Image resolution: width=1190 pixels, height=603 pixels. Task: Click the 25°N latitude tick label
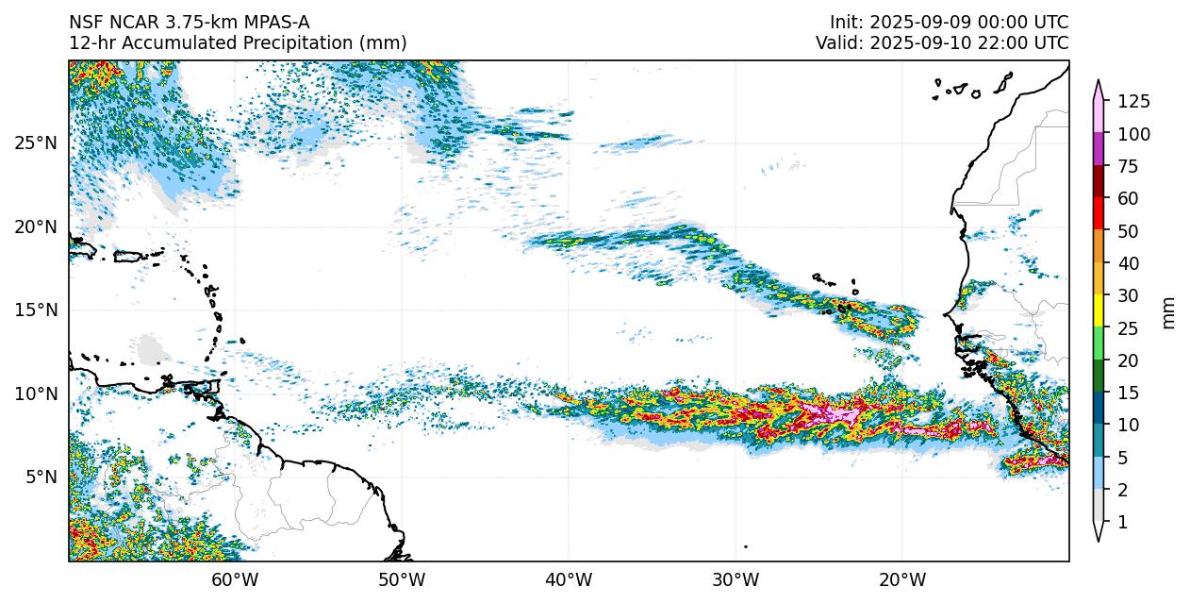(36, 143)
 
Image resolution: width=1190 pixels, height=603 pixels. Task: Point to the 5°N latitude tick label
(40, 477)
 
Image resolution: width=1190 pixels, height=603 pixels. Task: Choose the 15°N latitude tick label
(36, 310)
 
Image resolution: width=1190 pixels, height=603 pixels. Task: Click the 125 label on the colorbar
(1133, 102)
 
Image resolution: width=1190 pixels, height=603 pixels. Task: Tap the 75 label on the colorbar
(1128, 167)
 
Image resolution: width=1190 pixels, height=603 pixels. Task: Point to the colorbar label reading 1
(1122, 522)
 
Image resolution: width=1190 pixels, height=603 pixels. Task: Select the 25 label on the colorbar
(1128, 328)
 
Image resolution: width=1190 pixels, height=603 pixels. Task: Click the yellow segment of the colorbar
(1099, 311)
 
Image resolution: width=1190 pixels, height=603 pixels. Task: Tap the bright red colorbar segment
(1099, 214)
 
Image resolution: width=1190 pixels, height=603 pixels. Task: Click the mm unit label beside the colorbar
(1169, 312)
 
